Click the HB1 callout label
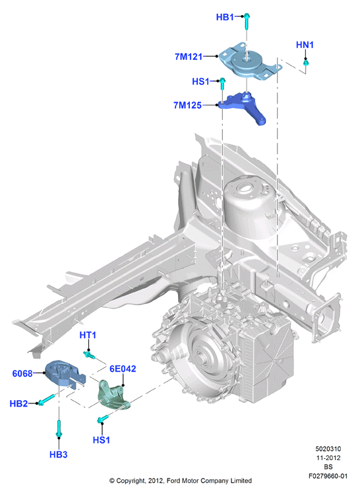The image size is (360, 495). pos(225,17)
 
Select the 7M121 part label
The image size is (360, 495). pos(189,57)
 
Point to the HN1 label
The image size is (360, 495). pos(305,45)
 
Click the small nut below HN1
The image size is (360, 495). pos(306,63)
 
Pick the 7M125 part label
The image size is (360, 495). pos(187,105)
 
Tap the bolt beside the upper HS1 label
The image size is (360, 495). pos(222,84)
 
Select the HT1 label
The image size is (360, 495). pos(88,335)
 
